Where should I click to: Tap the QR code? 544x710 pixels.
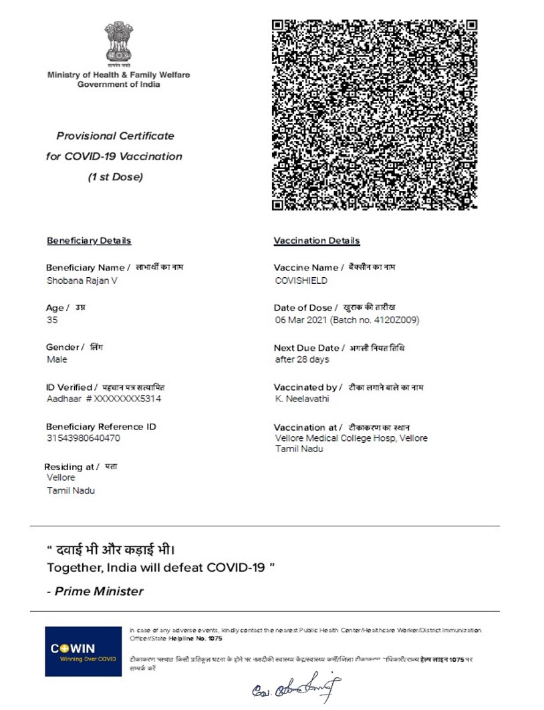coord(375,115)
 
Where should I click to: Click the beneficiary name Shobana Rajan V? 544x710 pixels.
coord(82,281)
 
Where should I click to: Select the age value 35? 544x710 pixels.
coord(52,320)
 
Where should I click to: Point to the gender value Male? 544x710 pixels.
coord(57,359)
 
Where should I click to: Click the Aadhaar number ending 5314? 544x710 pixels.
coord(104,399)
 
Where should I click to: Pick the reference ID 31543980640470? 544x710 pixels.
coord(84,438)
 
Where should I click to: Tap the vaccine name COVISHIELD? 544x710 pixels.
coord(301,281)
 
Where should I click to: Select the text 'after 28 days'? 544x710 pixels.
coord(302,359)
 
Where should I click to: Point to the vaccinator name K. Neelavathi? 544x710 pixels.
coord(302,399)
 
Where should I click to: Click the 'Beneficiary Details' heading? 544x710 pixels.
coord(89,240)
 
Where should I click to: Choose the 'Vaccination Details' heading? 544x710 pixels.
coord(317,240)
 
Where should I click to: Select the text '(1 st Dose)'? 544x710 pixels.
coord(116,177)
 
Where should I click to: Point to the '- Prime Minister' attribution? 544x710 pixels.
coord(95,591)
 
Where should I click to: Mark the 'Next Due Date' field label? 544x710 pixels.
coord(307,348)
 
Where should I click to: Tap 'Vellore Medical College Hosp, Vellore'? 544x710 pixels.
coord(352,438)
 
